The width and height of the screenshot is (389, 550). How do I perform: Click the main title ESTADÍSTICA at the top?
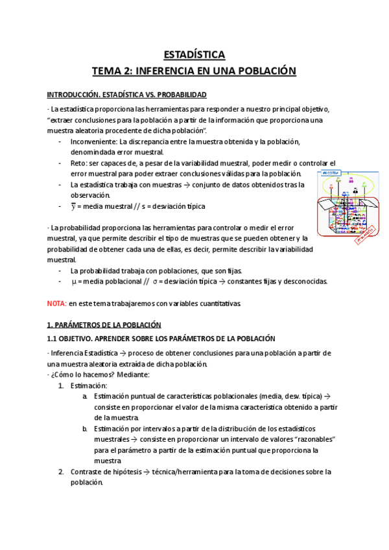click(194, 54)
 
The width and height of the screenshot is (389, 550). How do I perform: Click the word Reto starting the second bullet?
click(78, 163)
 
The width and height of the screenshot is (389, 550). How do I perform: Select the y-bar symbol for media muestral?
click(73, 206)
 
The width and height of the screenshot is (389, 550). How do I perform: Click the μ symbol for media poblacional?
click(73, 281)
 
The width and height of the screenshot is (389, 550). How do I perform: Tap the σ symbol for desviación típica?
click(155, 281)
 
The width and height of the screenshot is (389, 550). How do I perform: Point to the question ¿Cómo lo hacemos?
click(78, 374)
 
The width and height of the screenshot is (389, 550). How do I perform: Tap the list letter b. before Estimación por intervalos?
click(86, 429)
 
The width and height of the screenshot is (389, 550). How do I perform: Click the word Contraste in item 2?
click(88, 472)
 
